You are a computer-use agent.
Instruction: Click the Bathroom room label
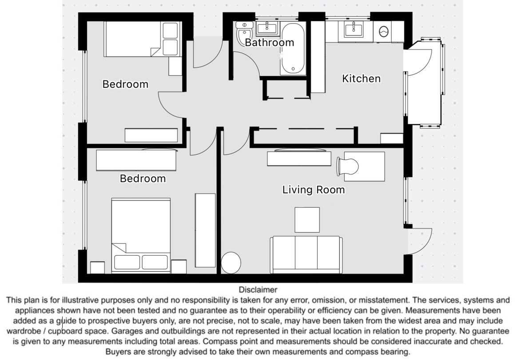270,43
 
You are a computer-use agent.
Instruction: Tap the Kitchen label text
361,79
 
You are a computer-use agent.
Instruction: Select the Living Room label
314,190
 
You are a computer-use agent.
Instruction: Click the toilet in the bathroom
244,32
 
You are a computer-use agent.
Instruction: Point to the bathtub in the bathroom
293,48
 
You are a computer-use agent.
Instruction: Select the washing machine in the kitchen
383,32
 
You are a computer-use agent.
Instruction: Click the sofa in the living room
306,254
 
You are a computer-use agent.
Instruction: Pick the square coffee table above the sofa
307,220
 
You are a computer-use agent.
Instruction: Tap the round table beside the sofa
231,263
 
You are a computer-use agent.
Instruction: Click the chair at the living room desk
347,166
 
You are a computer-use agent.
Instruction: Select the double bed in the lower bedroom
141,235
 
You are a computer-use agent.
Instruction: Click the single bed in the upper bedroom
143,39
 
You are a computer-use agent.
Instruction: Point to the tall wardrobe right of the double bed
205,230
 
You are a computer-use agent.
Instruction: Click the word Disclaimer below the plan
258,289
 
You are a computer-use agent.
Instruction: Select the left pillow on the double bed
127,262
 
